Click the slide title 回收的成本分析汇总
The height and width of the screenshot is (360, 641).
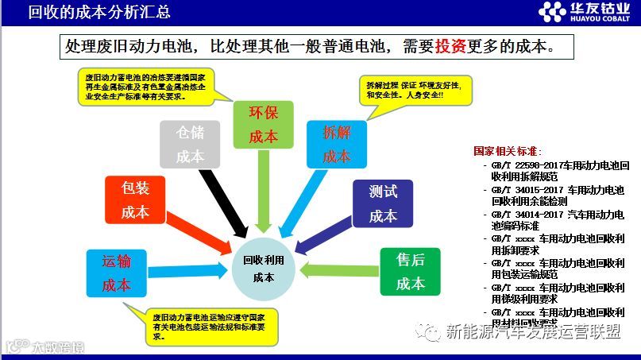[98, 12]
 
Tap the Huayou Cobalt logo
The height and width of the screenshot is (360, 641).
[585, 11]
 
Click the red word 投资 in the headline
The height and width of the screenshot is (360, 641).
[451, 47]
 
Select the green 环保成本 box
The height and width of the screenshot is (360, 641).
[263, 124]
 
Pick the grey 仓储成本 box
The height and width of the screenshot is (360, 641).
[190, 145]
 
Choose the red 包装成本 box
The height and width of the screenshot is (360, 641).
[135, 199]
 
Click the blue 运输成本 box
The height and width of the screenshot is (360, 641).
[116, 273]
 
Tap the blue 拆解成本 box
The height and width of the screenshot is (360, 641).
[337, 145]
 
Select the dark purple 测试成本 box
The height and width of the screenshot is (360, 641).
[383, 203]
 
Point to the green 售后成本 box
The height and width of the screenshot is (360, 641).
[411, 271]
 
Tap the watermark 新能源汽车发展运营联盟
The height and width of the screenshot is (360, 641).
[532, 332]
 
